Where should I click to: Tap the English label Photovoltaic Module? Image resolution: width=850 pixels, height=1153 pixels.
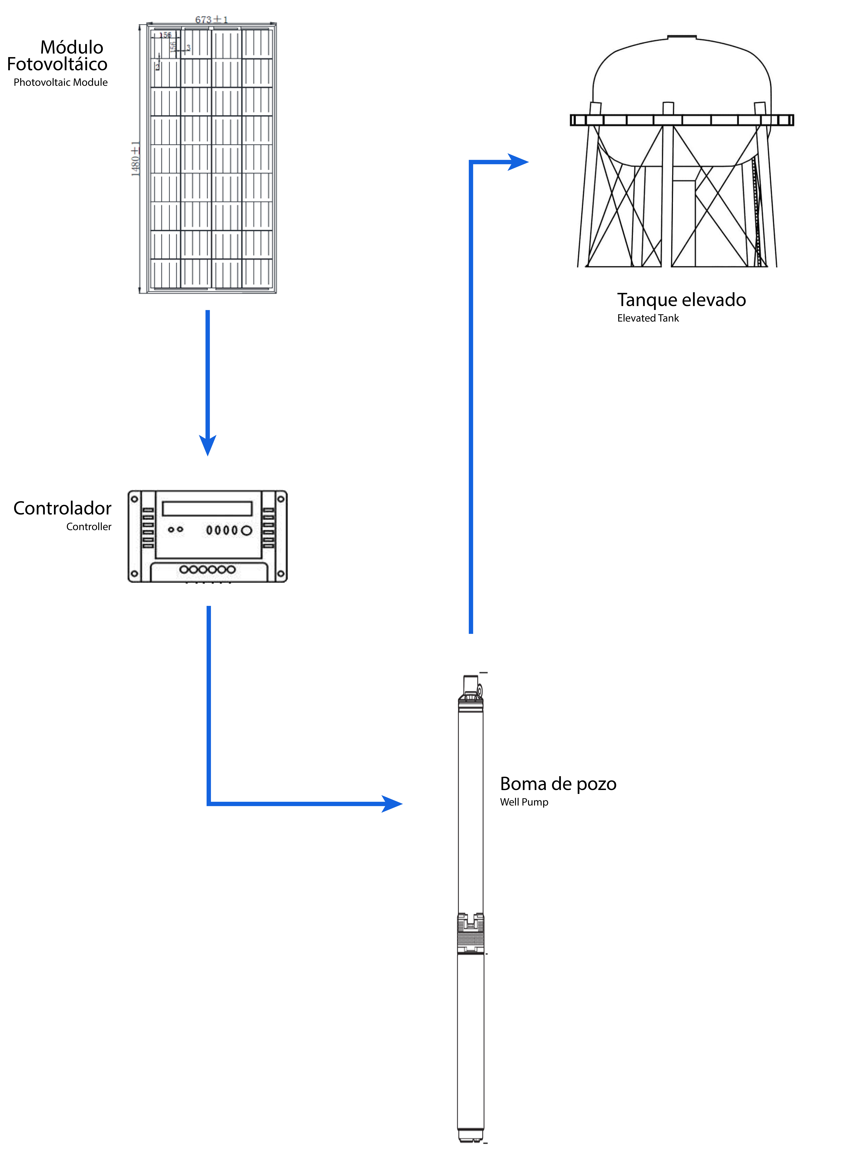tap(61, 82)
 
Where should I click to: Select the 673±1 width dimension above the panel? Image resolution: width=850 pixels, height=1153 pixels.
tap(211, 20)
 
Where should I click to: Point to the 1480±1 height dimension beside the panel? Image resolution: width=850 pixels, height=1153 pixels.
tap(135, 158)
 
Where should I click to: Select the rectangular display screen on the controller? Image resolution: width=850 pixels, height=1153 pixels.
tap(207, 509)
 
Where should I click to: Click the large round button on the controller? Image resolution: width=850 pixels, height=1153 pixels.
tap(247, 530)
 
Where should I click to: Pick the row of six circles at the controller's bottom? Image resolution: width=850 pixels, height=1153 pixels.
tap(207, 569)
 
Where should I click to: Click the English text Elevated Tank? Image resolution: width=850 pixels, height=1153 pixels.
tap(648, 318)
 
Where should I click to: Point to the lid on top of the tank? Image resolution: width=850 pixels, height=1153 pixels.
tap(682, 37)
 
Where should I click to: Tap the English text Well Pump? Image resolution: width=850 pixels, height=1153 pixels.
tap(524, 802)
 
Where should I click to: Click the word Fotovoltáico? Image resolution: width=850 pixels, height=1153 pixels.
tap(57, 64)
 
